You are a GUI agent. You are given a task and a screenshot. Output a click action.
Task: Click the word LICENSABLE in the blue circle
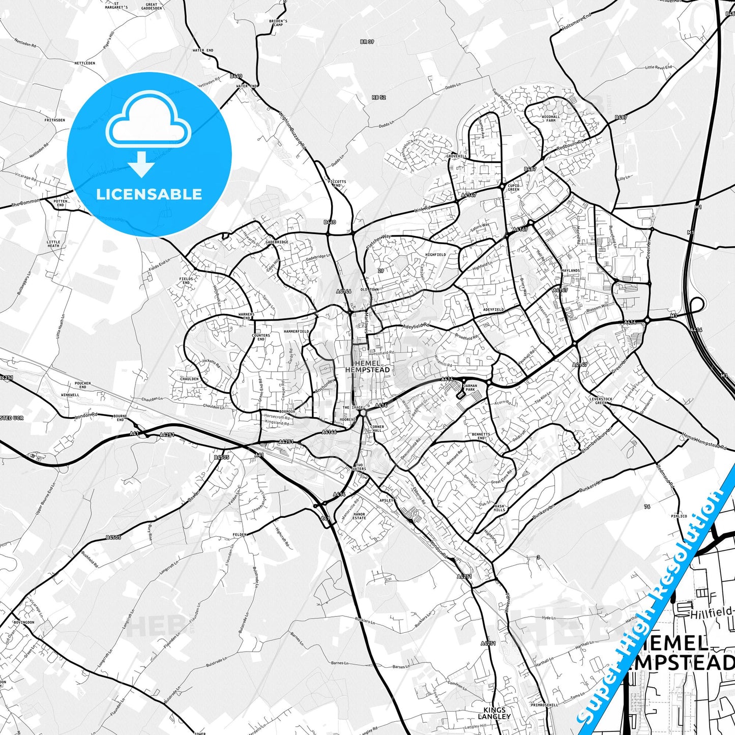pos(149,194)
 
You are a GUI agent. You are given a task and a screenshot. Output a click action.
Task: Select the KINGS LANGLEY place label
pos(494,713)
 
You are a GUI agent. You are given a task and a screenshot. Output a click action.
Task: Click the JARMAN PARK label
pos(469,388)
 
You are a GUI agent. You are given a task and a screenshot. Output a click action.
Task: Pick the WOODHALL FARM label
pos(551,119)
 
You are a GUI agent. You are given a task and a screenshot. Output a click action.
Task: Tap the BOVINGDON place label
pos(24,622)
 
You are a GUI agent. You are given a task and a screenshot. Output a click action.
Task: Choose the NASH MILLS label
pos(499,508)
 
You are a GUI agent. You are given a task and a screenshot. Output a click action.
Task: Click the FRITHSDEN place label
pos(54,121)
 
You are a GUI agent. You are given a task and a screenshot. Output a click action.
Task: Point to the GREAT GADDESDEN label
pos(151,7)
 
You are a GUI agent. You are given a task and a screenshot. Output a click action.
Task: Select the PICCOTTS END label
pos(337,183)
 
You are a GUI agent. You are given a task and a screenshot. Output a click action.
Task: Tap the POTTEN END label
pos(61,203)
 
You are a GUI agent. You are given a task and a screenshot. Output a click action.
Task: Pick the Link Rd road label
pos(422,209)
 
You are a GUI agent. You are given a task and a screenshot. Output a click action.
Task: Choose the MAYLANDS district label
pos(571,271)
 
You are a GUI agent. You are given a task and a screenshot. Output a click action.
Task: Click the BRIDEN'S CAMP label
pos(278,23)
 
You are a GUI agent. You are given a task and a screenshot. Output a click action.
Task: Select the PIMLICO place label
pos(679,516)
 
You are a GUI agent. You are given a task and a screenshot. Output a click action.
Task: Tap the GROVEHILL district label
pos(456,156)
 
